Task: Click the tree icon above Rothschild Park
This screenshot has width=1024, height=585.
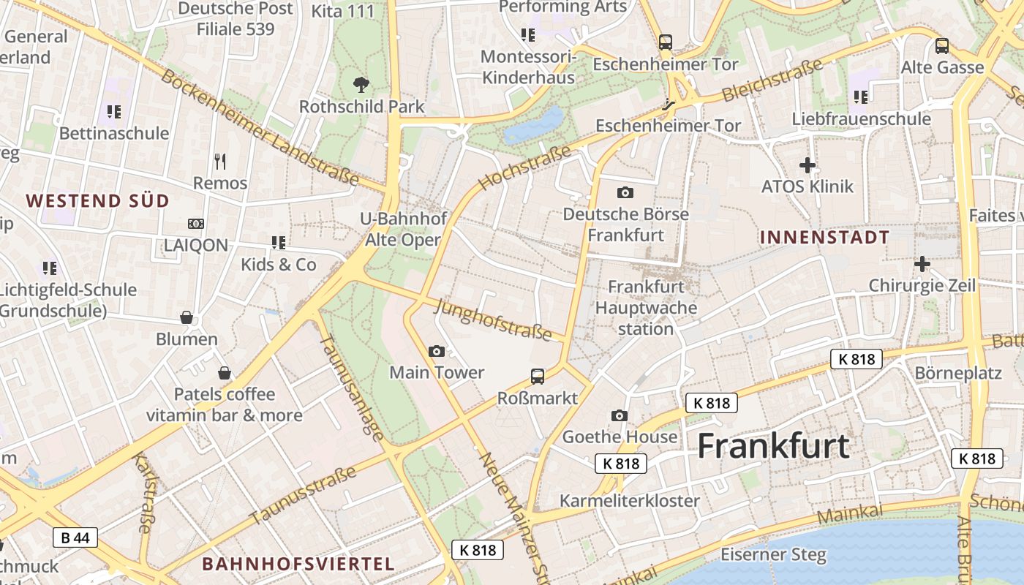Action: click(x=361, y=85)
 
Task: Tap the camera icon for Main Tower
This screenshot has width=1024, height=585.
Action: click(x=437, y=352)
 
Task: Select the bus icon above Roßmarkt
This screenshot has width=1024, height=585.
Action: click(x=538, y=377)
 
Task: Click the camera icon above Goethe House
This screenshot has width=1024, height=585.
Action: click(x=620, y=415)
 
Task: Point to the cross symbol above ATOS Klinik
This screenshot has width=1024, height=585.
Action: click(x=807, y=165)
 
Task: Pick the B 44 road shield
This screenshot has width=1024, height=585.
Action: click(x=75, y=538)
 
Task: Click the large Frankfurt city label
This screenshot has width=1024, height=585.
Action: click(x=774, y=445)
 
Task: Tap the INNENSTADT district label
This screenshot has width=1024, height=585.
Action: click(x=824, y=237)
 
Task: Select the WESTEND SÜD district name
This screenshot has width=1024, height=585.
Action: click(x=98, y=201)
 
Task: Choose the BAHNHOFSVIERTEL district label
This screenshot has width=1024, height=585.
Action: click(x=298, y=564)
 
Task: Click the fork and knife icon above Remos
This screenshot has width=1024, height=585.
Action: click(x=220, y=161)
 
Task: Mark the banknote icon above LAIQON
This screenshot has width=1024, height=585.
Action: click(x=196, y=224)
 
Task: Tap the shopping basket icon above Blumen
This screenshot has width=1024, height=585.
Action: click(x=187, y=318)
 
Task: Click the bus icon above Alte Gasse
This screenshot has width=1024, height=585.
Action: click(x=942, y=46)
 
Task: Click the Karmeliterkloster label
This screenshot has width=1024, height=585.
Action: click(x=630, y=501)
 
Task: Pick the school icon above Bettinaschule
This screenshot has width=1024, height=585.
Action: click(x=113, y=112)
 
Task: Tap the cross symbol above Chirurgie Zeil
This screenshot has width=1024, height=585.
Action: click(x=922, y=263)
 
